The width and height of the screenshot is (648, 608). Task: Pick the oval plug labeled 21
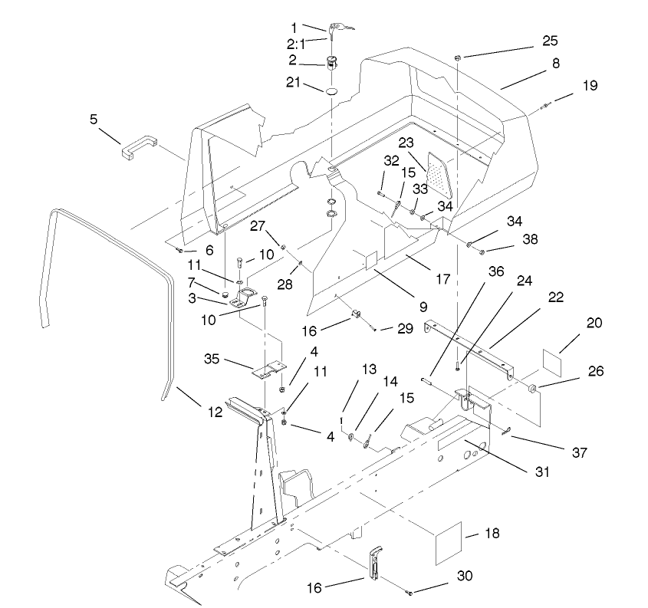[332, 91]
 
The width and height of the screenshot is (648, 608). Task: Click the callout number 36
[496, 272]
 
